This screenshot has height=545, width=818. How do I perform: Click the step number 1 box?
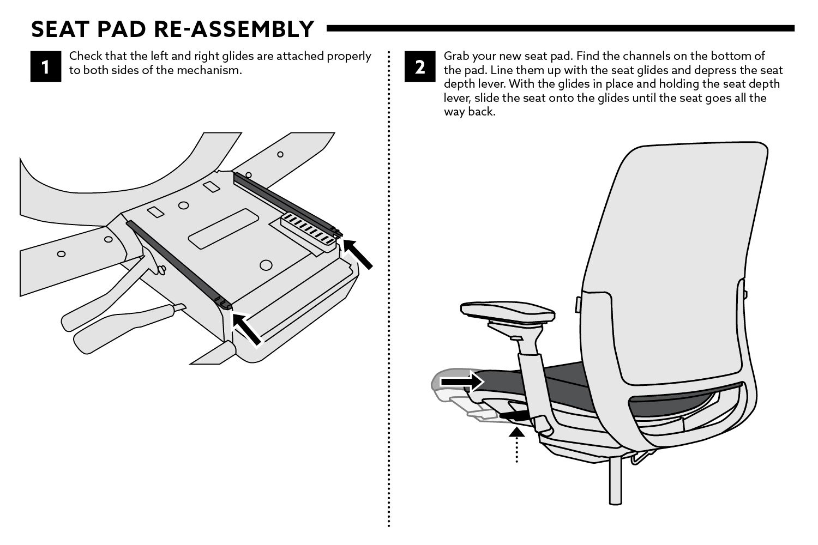(x=46, y=66)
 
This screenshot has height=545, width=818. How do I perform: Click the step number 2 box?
(x=420, y=66)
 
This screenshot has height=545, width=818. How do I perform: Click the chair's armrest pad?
(x=507, y=312)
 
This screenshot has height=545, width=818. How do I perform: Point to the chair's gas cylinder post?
(x=615, y=480)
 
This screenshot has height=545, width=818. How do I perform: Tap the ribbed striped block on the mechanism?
(x=308, y=229)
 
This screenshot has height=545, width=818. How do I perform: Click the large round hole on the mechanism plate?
(x=266, y=265)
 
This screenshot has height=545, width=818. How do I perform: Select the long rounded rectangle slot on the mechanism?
(x=223, y=229)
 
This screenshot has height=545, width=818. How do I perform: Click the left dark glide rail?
(x=175, y=262)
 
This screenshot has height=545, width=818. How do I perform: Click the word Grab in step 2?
(x=455, y=56)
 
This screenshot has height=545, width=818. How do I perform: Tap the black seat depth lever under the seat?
(x=514, y=416)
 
